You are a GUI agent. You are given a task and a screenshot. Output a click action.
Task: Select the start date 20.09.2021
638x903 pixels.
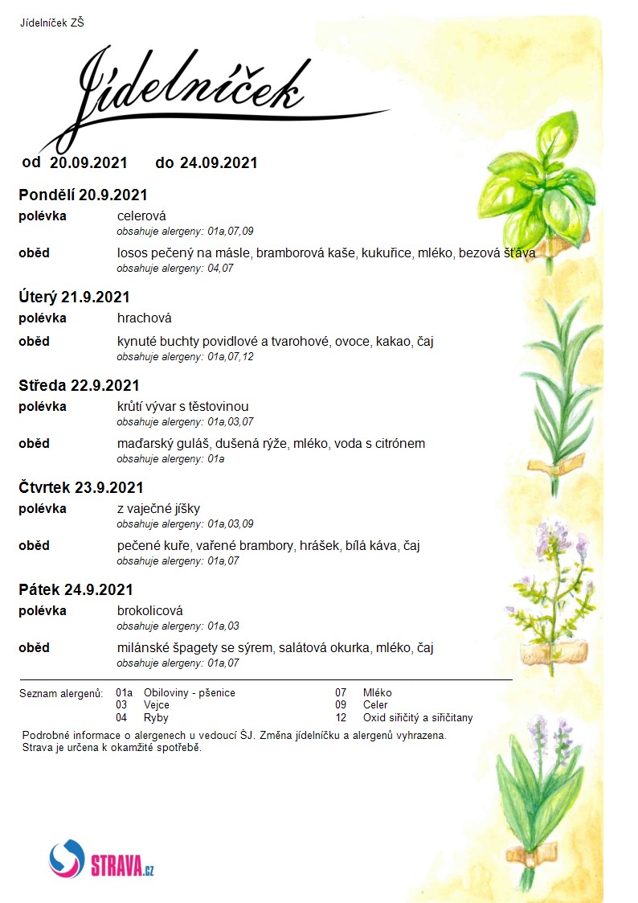click(88, 162)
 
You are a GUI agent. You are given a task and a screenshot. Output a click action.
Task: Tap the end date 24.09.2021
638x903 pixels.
click(219, 162)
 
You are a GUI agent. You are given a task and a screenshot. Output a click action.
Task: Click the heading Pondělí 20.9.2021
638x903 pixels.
click(83, 195)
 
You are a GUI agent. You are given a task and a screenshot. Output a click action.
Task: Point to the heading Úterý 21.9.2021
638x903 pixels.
click(74, 298)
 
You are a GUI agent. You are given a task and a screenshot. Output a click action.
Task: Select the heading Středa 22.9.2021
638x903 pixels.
click(79, 385)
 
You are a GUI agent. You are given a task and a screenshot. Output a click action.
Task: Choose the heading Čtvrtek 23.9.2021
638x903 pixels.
click(81, 487)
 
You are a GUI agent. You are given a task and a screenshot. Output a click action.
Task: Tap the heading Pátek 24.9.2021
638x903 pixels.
click(76, 589)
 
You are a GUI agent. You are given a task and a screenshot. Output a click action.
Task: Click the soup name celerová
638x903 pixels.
click(141, 215)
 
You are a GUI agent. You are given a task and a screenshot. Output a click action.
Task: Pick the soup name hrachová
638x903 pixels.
click(145, 318)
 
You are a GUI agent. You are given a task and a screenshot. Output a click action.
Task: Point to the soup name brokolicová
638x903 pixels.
click(150, 610)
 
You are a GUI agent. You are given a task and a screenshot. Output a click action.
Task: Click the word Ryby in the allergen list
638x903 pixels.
click(156, 717)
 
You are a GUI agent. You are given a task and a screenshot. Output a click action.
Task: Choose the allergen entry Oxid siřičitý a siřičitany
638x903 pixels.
click(418, 717)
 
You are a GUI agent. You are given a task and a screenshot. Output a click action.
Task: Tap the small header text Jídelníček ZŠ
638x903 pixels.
click(52, 23)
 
